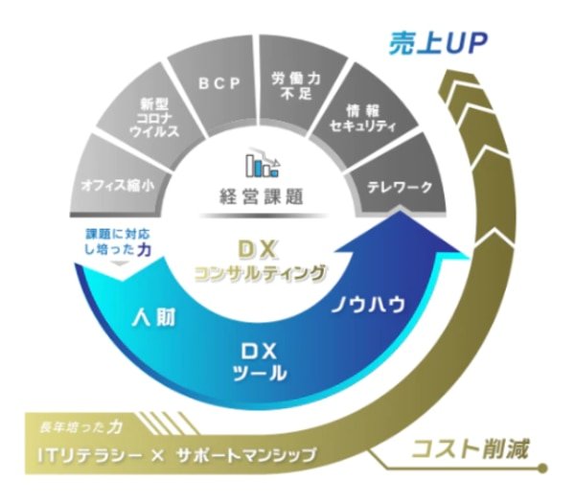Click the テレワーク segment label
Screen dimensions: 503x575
(x=401, y=188)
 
